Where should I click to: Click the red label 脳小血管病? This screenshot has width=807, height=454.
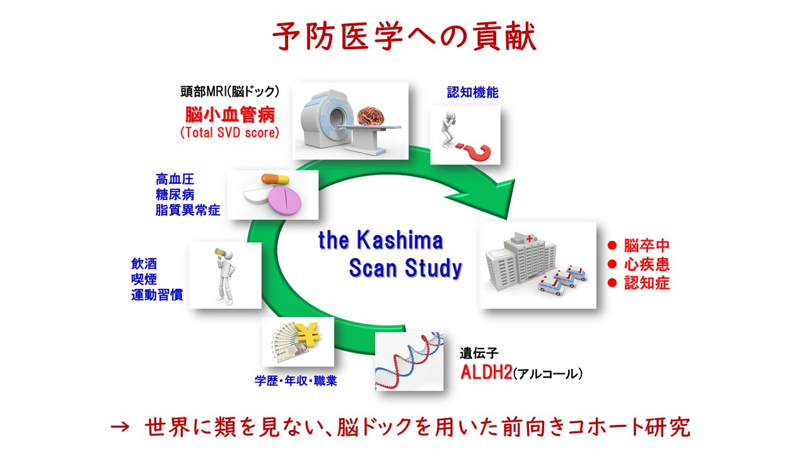click(x=230, y=115)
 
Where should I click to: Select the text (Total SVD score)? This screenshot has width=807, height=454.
click(x=230, y=132)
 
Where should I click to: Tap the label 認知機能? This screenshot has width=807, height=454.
click(x=473, y=93)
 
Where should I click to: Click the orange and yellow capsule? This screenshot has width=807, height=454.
click(x=276, y=178)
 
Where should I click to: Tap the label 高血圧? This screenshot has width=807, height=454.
click(x=175, y=179)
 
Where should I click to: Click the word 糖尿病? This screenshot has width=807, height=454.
click(x=175, y=195)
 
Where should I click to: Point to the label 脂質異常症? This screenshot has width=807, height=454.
click(x=188, y=210)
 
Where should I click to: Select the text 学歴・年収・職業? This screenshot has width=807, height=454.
click(x=296, y=381)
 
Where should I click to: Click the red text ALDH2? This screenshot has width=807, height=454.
click(x=486, y=373)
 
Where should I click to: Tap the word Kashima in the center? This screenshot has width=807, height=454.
click(x=400, y=240)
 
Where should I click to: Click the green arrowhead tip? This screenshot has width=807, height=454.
click(x=508, y=219)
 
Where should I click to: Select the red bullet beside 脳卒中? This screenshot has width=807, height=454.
click(x=612, y=246)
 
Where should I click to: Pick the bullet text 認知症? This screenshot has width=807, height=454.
click(x=647, y=283)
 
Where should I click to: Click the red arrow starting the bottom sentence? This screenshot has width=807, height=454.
click(x=120, y=428)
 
